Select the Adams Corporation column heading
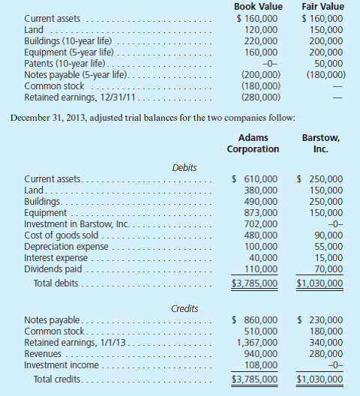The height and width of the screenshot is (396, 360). click(x=253, y=143)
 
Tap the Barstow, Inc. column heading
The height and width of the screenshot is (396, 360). click(x=322, y=143)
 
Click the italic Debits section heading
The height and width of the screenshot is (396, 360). click(x=184, y=167)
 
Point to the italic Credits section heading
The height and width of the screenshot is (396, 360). click(x=184, y=307)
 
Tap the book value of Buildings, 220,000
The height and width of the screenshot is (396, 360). click(x=259, y=41)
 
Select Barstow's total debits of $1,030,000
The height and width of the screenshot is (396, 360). click(x=320, y=283)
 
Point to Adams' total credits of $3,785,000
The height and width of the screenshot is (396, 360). click(x=254, y=379)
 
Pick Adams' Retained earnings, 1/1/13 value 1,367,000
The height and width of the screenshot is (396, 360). click(x=256, y=342)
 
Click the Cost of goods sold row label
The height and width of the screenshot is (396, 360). click(x=60, y=235)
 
